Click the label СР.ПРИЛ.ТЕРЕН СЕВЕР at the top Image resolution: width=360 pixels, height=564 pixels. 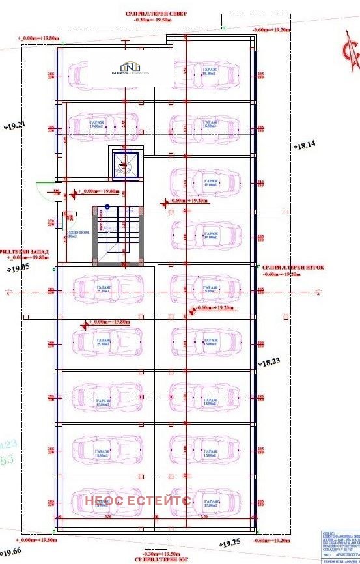159,14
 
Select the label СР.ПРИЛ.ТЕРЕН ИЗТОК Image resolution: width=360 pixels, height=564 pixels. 292,266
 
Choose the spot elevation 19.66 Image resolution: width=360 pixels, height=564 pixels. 11,551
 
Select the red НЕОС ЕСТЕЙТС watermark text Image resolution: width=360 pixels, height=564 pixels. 138,500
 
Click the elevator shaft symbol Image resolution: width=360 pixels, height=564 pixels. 126,163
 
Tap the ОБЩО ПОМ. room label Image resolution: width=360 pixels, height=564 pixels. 74,234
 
